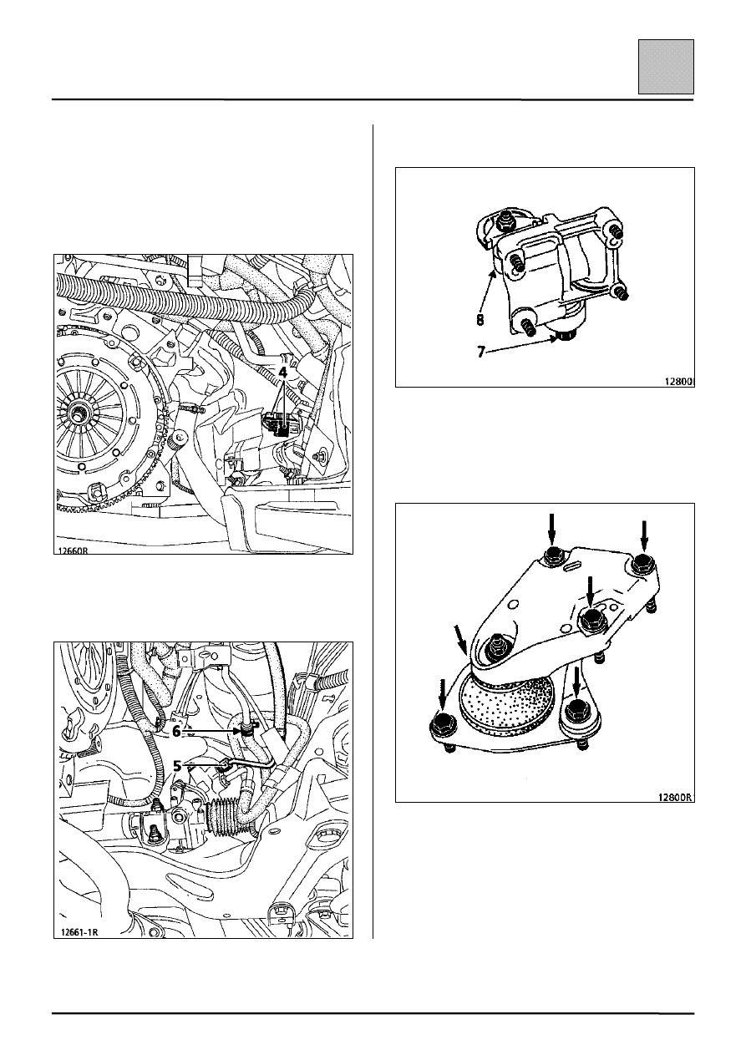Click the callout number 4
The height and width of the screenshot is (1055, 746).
(x=283, y=372)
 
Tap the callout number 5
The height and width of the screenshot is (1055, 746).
(x=176, y=766)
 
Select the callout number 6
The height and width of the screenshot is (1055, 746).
(x=176, y=732)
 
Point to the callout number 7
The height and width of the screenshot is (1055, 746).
(x=481, y=352)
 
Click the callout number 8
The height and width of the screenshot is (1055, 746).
(x=480, y=320)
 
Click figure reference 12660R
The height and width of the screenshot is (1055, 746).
(x=73, y=550)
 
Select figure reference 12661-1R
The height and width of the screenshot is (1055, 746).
(x=79, y=931)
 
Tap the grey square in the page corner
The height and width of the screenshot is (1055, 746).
(x=666, y=67)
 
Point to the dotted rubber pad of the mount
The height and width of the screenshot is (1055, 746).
(x=508, y=700)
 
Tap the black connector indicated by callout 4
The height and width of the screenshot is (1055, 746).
(x=279, y=424)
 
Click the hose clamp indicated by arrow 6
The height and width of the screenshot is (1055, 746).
(x=246, y=732)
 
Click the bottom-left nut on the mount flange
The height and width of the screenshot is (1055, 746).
(x=443, y=728)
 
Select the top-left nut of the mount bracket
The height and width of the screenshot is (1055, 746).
(x=553, y=557)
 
